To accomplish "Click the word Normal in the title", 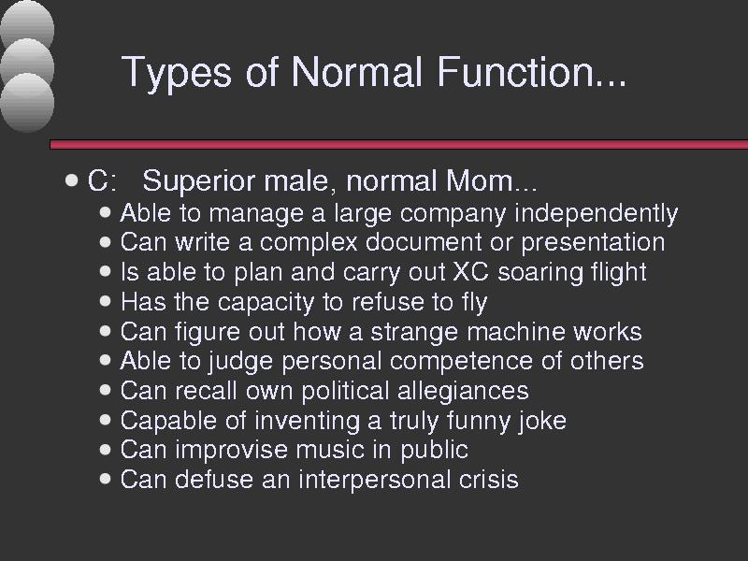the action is [x=357, y=72].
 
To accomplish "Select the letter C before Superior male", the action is [x=98, y=180].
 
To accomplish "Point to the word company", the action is [x=453, y=214].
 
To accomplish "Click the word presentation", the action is [x=593, y=243].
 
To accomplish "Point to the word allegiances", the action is [x=463, y=391].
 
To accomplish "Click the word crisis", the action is [x=488, y=480].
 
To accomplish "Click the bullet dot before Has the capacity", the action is [x=106, y=301].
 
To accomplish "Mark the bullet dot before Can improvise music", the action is [x=106, y=450].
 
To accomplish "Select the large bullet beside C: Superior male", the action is [x=71, y=180].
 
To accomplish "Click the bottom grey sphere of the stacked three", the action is [x=27, y=102].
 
